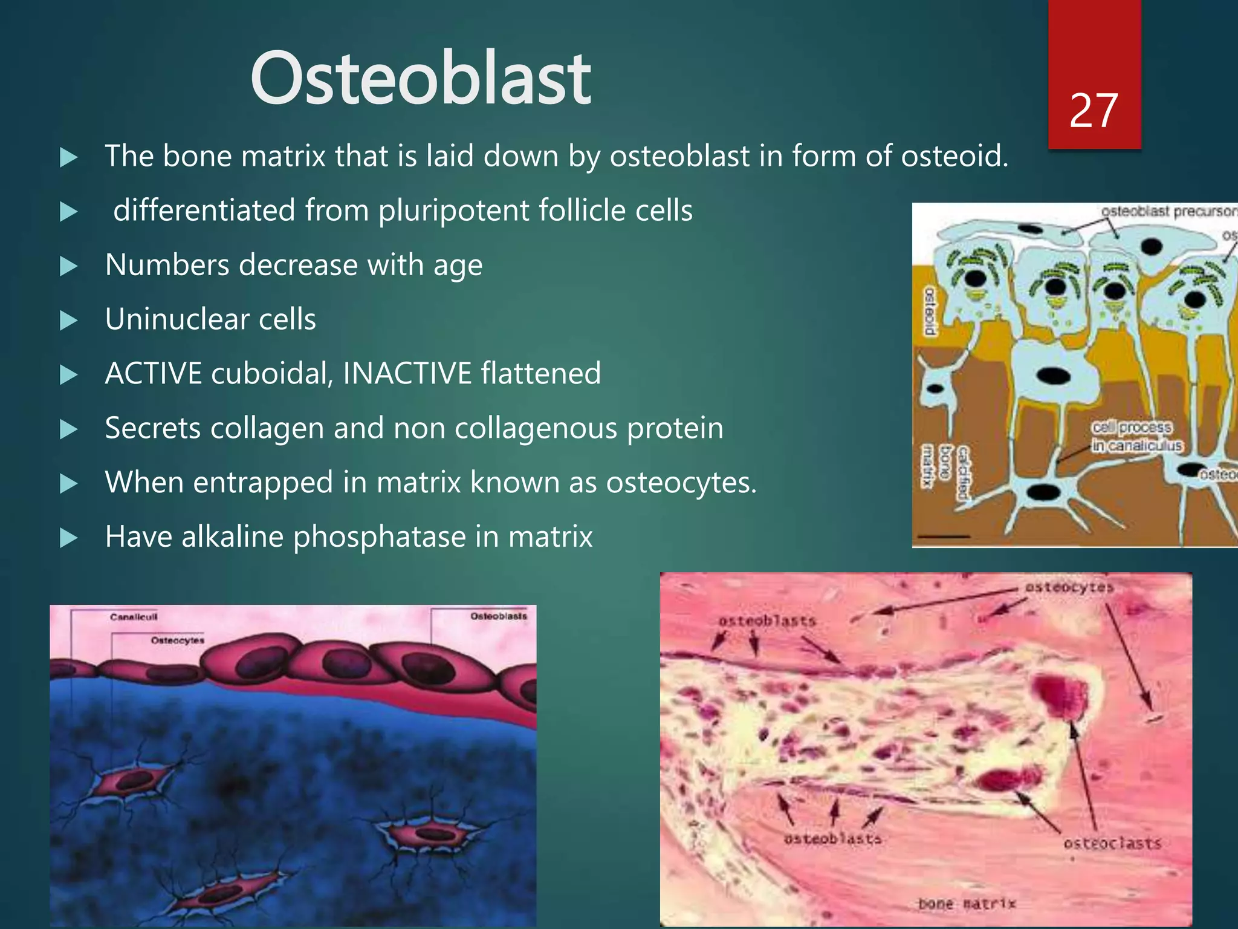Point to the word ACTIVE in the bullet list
click(154, 373)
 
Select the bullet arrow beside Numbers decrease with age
click(70, 266)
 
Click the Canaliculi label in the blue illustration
click(134, 617)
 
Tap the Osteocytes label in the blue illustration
click(177, 640)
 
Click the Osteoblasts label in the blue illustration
click(498, 616)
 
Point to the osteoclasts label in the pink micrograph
click(1112, 843)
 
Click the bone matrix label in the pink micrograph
click(966, 904)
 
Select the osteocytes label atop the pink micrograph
click(1069, 587)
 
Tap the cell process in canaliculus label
click(1135, 437)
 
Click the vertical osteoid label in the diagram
click(930, 311)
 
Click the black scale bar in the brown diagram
click(944, 536)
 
